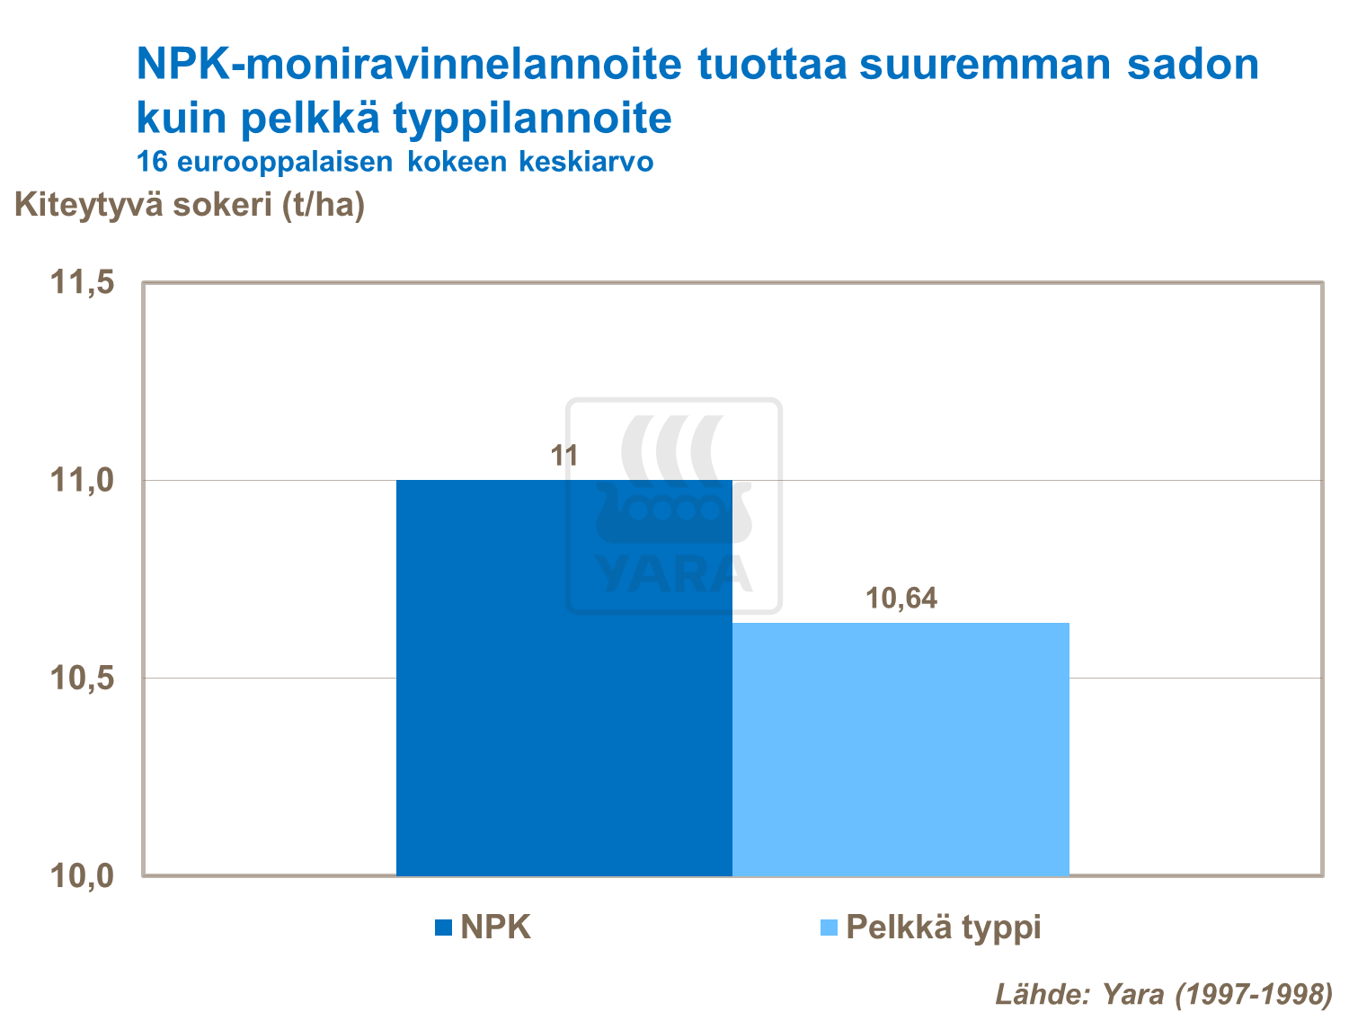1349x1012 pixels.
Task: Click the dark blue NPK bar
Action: tap(564, 678)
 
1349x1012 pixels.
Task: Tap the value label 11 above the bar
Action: tap(564, 457)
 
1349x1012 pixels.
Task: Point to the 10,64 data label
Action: tap(901, 599)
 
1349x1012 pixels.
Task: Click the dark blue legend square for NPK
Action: tap(443, 928)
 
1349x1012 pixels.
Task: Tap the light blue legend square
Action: tap(830, 928)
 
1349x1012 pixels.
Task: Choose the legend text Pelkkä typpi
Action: tap(944, 927)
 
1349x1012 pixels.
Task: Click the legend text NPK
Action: tap(496, 927)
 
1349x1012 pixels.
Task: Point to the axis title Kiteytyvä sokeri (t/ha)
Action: tap(190, 205)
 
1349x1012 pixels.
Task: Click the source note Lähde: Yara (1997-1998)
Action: tap(1164, 993)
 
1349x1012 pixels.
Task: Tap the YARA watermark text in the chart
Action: tap(673, 574)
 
